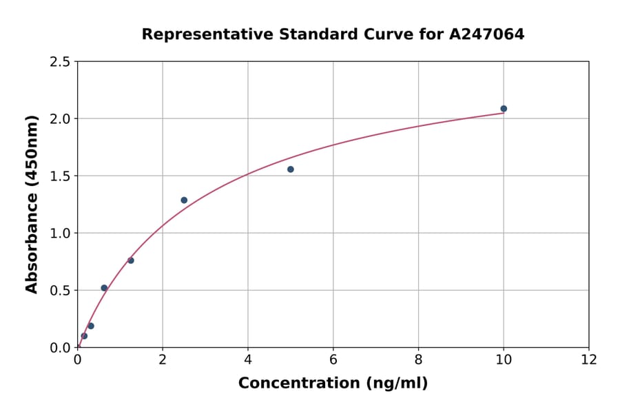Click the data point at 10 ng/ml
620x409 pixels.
[504, 109]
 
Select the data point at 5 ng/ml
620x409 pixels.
[291, 169]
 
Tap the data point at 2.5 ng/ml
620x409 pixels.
[184, 200]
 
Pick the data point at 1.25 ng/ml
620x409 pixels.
[131, 260]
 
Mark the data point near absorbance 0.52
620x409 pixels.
[104, 288]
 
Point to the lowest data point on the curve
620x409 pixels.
[84, 336]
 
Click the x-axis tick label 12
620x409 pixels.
[589, 359]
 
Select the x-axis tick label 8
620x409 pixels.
[418, 359]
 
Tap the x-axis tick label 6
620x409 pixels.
[333, 359]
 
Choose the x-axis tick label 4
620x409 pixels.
[248, 359]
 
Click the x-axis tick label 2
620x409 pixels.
[163, 359]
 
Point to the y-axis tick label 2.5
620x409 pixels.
[60, 62]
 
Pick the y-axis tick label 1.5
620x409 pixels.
[60, 176]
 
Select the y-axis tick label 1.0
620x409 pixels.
[60, 233]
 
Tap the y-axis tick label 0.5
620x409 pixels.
[60, 291]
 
